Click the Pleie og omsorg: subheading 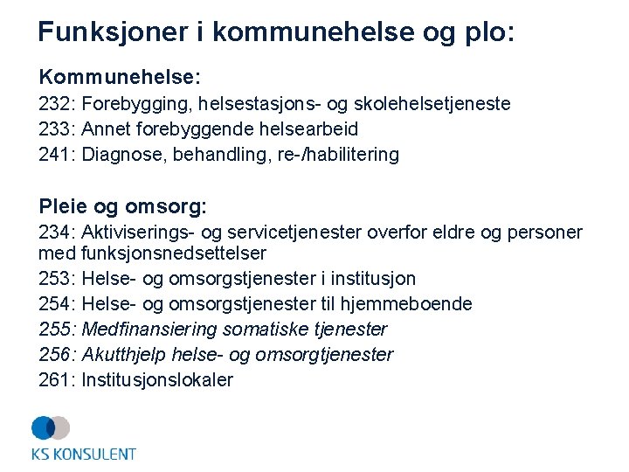click(122, 206)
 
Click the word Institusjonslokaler click(157, 380)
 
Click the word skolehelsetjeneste click(437, 104)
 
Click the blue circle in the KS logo click(43, 427)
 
